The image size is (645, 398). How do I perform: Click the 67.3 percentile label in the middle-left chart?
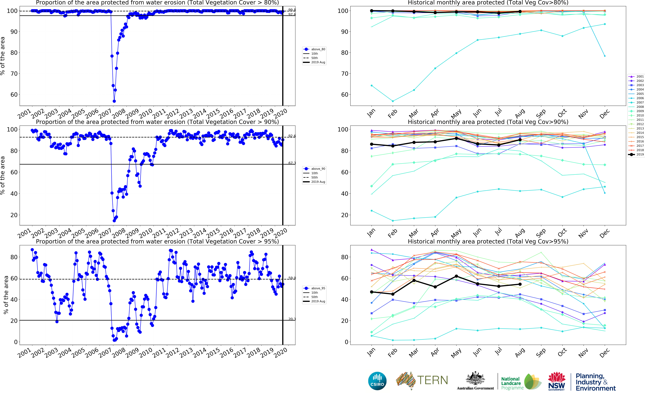click(292, 163)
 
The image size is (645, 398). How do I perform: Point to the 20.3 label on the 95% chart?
click(292, 319)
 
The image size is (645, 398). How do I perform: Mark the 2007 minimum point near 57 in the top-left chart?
click(114, 101)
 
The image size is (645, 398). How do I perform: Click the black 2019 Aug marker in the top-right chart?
click(520, 12)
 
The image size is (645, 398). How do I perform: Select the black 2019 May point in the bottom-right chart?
click(456, 276)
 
